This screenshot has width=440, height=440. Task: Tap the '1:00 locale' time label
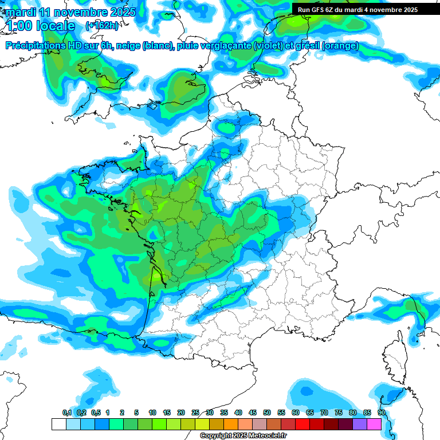coord(40,26)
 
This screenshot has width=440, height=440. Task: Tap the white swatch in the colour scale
coord(58,425)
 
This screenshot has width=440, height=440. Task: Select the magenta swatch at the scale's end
coord(374,425)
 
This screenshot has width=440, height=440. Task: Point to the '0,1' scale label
coord(66,413)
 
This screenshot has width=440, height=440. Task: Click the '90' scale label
coord(382,413)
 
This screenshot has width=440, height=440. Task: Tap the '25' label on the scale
coord(195,413)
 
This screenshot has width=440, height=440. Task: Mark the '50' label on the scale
coord(267,413)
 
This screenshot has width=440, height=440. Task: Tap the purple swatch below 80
coord(360,425)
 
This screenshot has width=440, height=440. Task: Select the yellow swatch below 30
coord(202,425)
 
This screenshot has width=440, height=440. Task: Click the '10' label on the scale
coord(152,413)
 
